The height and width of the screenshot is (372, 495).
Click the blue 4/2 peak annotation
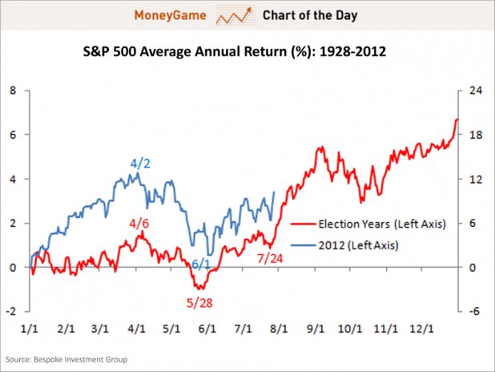point(140,164)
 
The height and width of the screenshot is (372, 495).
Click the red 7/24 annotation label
point(271,258)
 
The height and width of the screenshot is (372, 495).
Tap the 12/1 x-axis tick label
point(423,329)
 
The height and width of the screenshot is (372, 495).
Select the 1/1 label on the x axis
point(30,329)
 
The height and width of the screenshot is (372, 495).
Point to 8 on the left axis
point(12,91)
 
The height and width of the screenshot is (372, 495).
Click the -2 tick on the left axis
point(10,312)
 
